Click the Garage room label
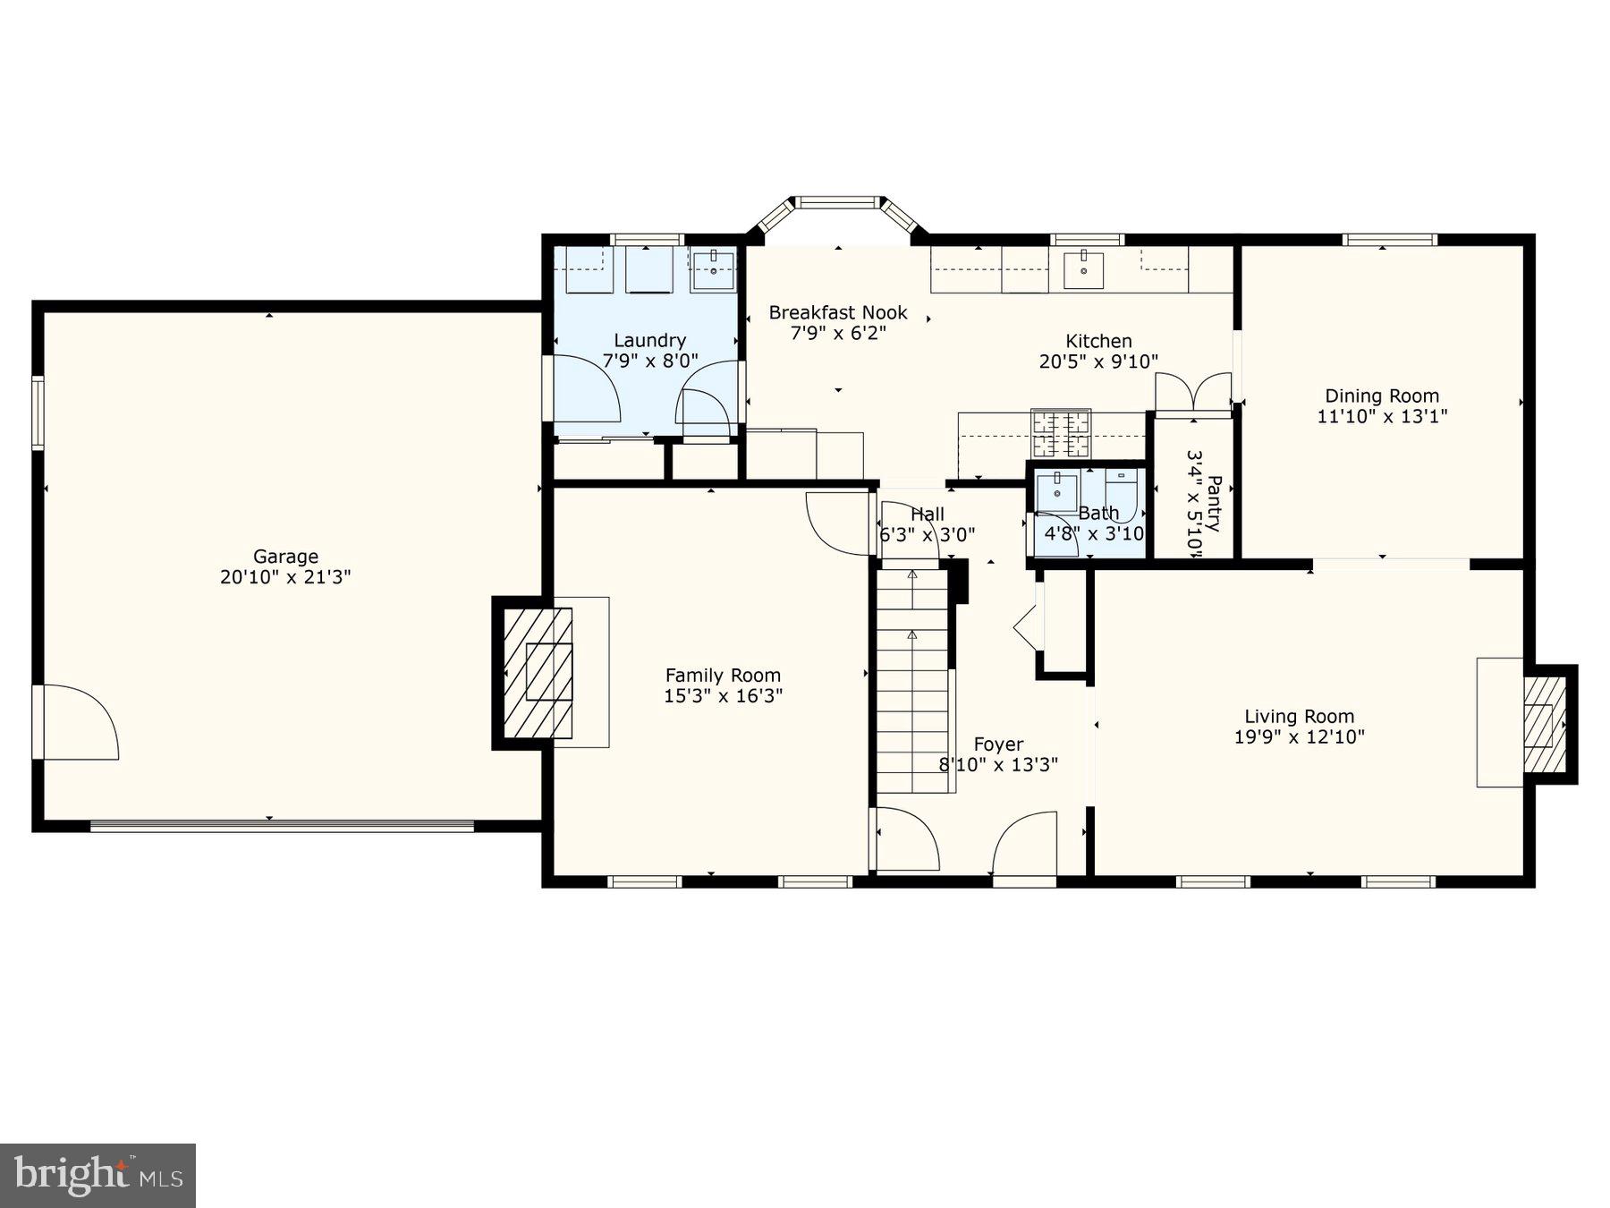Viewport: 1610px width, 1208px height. tap(285, 557)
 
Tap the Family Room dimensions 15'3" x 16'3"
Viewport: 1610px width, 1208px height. tap(723, 696)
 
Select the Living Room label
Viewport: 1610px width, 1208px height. tap(1299, 716)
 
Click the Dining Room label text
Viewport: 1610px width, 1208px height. tap(1381, 396)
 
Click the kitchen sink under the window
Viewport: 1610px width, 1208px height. tap(1084, 268)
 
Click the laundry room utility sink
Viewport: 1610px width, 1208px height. tap(713, 268)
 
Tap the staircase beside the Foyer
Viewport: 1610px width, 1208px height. tap(911, 680)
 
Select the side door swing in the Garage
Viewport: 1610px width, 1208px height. tap(79, 723)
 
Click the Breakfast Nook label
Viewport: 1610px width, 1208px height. tap(838, 312)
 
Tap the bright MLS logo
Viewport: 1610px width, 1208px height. tap(97, 1175)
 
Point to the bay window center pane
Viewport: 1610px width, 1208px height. tap(838, 202)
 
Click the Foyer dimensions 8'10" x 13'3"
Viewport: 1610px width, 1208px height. tap(998, 764)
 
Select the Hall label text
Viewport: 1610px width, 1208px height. tap(927, 514)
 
